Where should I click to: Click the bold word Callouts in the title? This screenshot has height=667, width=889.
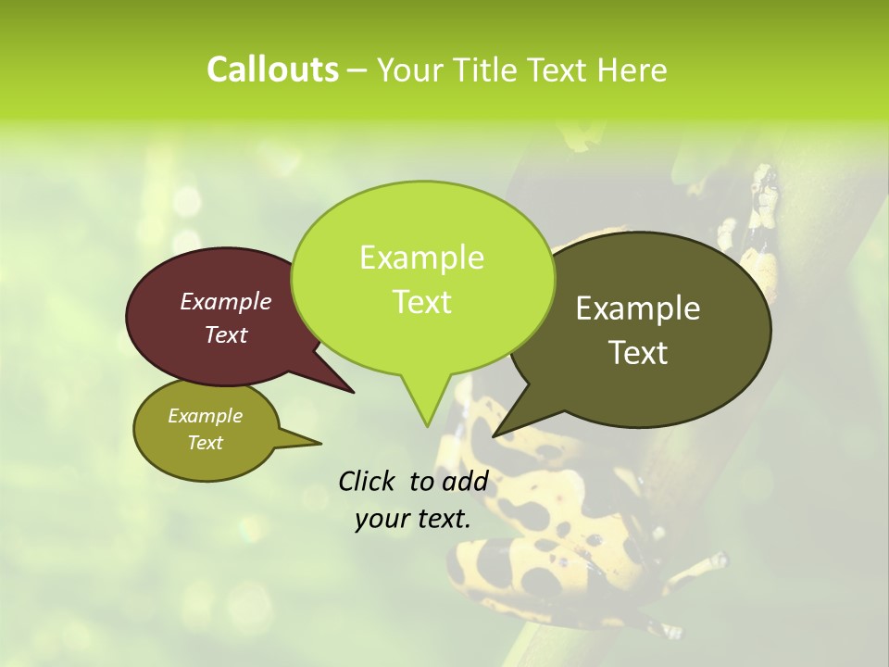coord(272,69)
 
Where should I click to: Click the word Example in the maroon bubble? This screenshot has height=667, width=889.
coord(226,301)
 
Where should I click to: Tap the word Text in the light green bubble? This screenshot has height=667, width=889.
coord(422,302)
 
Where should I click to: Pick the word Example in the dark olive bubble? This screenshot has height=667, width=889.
coord(638,308)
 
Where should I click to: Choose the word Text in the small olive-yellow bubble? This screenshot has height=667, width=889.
coord(206,443)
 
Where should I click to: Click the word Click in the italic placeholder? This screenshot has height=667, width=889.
coord(369,481)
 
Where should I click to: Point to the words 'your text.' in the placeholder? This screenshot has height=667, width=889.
coord(413,519)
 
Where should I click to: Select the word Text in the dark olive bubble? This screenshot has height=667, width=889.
coord(639,353)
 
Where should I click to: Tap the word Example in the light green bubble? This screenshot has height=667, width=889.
coord(422,258)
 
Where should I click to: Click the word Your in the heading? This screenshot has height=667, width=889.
coord(412,69)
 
